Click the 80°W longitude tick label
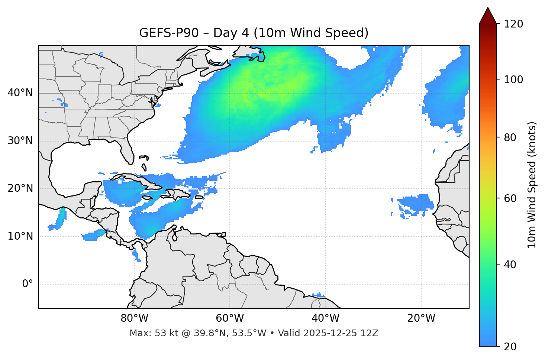(x=134, y=318)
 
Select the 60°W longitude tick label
(x=230, y=318)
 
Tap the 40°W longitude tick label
(x=325, y=318)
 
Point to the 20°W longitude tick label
(x=421, y=318)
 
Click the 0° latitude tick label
(x=28, y=284)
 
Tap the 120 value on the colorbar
(x=513, y=24)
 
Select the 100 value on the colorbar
(x=513, y=80)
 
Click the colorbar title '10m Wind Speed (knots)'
(x=532, y=185)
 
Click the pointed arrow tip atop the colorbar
(x=488, y=9)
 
